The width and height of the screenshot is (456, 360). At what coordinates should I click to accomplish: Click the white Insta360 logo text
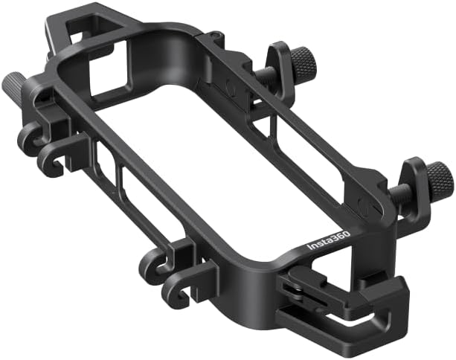point(330,240)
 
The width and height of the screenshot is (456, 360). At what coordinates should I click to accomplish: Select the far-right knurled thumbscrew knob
point(440,178)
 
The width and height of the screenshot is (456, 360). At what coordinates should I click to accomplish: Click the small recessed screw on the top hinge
point(214,36)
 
